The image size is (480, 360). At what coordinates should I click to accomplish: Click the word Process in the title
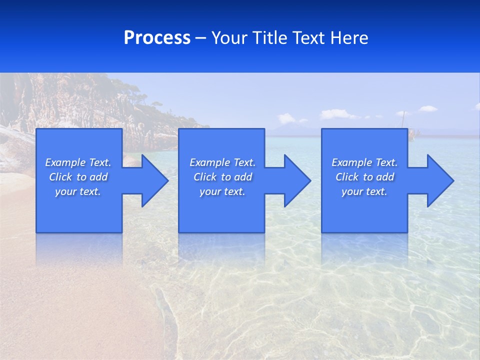[157, 38]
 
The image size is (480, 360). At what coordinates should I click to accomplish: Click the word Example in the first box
[65, 162]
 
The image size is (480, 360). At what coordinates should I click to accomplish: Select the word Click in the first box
[60, 177]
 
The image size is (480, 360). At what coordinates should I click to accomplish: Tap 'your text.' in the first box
[78, 191]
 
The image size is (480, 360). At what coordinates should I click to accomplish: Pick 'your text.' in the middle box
[222, 191]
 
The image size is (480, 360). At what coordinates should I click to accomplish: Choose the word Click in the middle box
[205, 177]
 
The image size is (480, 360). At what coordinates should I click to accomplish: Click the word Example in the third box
[352, 162]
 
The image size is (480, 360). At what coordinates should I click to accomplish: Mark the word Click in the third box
[347, 177]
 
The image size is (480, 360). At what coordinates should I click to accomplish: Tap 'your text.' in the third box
[364, 191]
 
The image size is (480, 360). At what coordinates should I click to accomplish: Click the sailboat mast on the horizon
[403, 120]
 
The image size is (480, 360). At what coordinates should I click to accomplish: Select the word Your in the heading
[228, 38]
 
